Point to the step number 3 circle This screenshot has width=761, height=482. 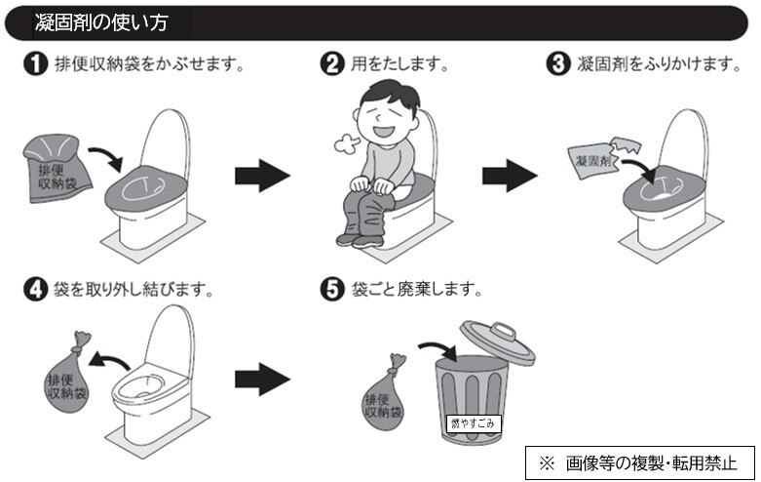coord(558,65)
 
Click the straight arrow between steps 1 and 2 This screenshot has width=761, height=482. coord(262,177)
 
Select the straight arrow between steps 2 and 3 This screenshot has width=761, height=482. coord(510,177)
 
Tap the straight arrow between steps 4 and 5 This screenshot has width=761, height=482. coord(262,377)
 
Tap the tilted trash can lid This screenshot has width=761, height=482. coord(496,341)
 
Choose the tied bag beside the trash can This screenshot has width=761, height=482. coord(386,394)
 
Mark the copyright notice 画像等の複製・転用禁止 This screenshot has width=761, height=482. coord(640,462)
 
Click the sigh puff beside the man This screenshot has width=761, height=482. coord(346,144)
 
